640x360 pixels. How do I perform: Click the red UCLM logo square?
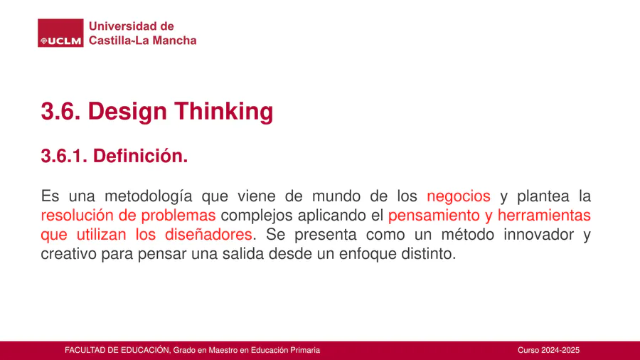point(60,33)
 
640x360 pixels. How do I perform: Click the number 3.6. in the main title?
point(61,111)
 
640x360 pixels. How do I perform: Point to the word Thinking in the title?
point(224,112)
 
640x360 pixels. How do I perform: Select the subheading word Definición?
point(140,156)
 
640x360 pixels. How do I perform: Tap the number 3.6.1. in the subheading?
point(64,156)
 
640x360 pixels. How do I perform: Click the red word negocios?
point(459,196)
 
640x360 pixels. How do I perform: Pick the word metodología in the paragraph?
point(149,196)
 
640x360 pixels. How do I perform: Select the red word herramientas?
point(544,215)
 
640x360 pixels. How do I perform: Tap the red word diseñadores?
point(208,234)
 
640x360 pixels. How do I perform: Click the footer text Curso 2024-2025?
point(548,350)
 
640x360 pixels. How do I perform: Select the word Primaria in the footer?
point(305,350)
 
